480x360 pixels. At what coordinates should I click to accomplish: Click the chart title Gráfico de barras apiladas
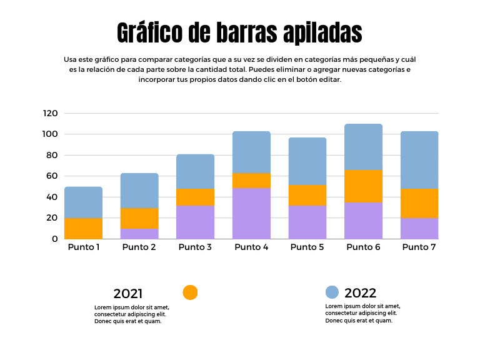[x=239, y=32]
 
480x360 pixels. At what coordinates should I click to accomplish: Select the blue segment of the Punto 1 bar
[x=83, y=202]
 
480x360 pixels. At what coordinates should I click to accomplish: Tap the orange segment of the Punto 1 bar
[x=83, y=229]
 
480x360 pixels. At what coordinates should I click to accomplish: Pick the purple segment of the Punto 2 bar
[x=139, y=234]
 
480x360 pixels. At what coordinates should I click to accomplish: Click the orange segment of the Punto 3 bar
[x=195, y=197]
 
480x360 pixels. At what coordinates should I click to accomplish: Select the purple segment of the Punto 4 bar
[x=251, y=214]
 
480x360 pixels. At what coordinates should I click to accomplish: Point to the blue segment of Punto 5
[x=307, y=161]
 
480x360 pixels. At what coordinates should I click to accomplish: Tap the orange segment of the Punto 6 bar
[x=363, y=186]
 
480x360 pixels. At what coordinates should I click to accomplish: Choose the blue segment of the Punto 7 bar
[x=419, y=160]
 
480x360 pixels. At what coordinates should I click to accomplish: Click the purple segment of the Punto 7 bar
[x=419, y=229]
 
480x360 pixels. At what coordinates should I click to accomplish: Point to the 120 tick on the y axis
[x=51, y=113]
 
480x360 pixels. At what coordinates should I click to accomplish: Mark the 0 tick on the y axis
[x=55, y=239]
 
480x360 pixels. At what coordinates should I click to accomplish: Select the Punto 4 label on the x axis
[x=251, y=247]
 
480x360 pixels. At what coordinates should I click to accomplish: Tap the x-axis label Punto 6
[x=363, y=247]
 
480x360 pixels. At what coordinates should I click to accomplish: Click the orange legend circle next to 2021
[x=190, y=292]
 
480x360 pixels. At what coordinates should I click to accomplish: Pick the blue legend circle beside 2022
[x=332, y=292]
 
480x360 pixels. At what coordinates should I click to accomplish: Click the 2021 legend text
[x=128, y=294]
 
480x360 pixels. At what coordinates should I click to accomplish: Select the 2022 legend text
[x=361, y=293]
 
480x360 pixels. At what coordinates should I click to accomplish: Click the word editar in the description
[x=328, y=80]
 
